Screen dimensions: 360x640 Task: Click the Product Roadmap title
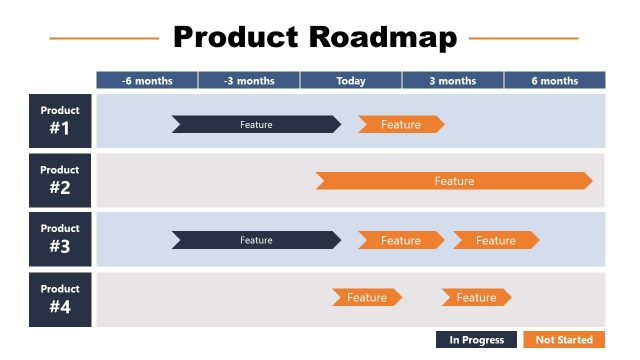pos(314,38)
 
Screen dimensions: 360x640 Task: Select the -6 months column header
pos(146,81)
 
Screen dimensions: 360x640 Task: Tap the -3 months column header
pos(249,81)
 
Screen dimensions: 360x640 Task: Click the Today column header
pos(351,81)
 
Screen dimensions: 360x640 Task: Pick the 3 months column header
pos(453,81)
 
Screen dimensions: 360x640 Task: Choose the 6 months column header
pos(554,81)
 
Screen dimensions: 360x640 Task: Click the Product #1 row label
pos(60,121)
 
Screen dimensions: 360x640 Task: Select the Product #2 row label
pos(60,180)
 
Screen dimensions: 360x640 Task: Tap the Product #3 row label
pos(60,239)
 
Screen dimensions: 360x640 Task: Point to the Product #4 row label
pos(60,299)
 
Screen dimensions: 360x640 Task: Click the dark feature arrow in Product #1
pos(256,125)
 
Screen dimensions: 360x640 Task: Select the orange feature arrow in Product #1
pos(400,125)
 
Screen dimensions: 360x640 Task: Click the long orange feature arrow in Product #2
pos(454,181)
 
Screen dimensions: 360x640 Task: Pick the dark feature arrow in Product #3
pos(256,240)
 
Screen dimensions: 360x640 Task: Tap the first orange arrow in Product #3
pos(400,240)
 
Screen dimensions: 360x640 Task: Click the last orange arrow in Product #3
pos(495,240)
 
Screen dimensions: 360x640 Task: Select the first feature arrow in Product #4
pos(367,297)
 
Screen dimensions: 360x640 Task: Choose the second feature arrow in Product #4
pos(476,297)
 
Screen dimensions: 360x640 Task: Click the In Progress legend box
pos(476,340)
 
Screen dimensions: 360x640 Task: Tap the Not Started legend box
pos(564,340)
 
